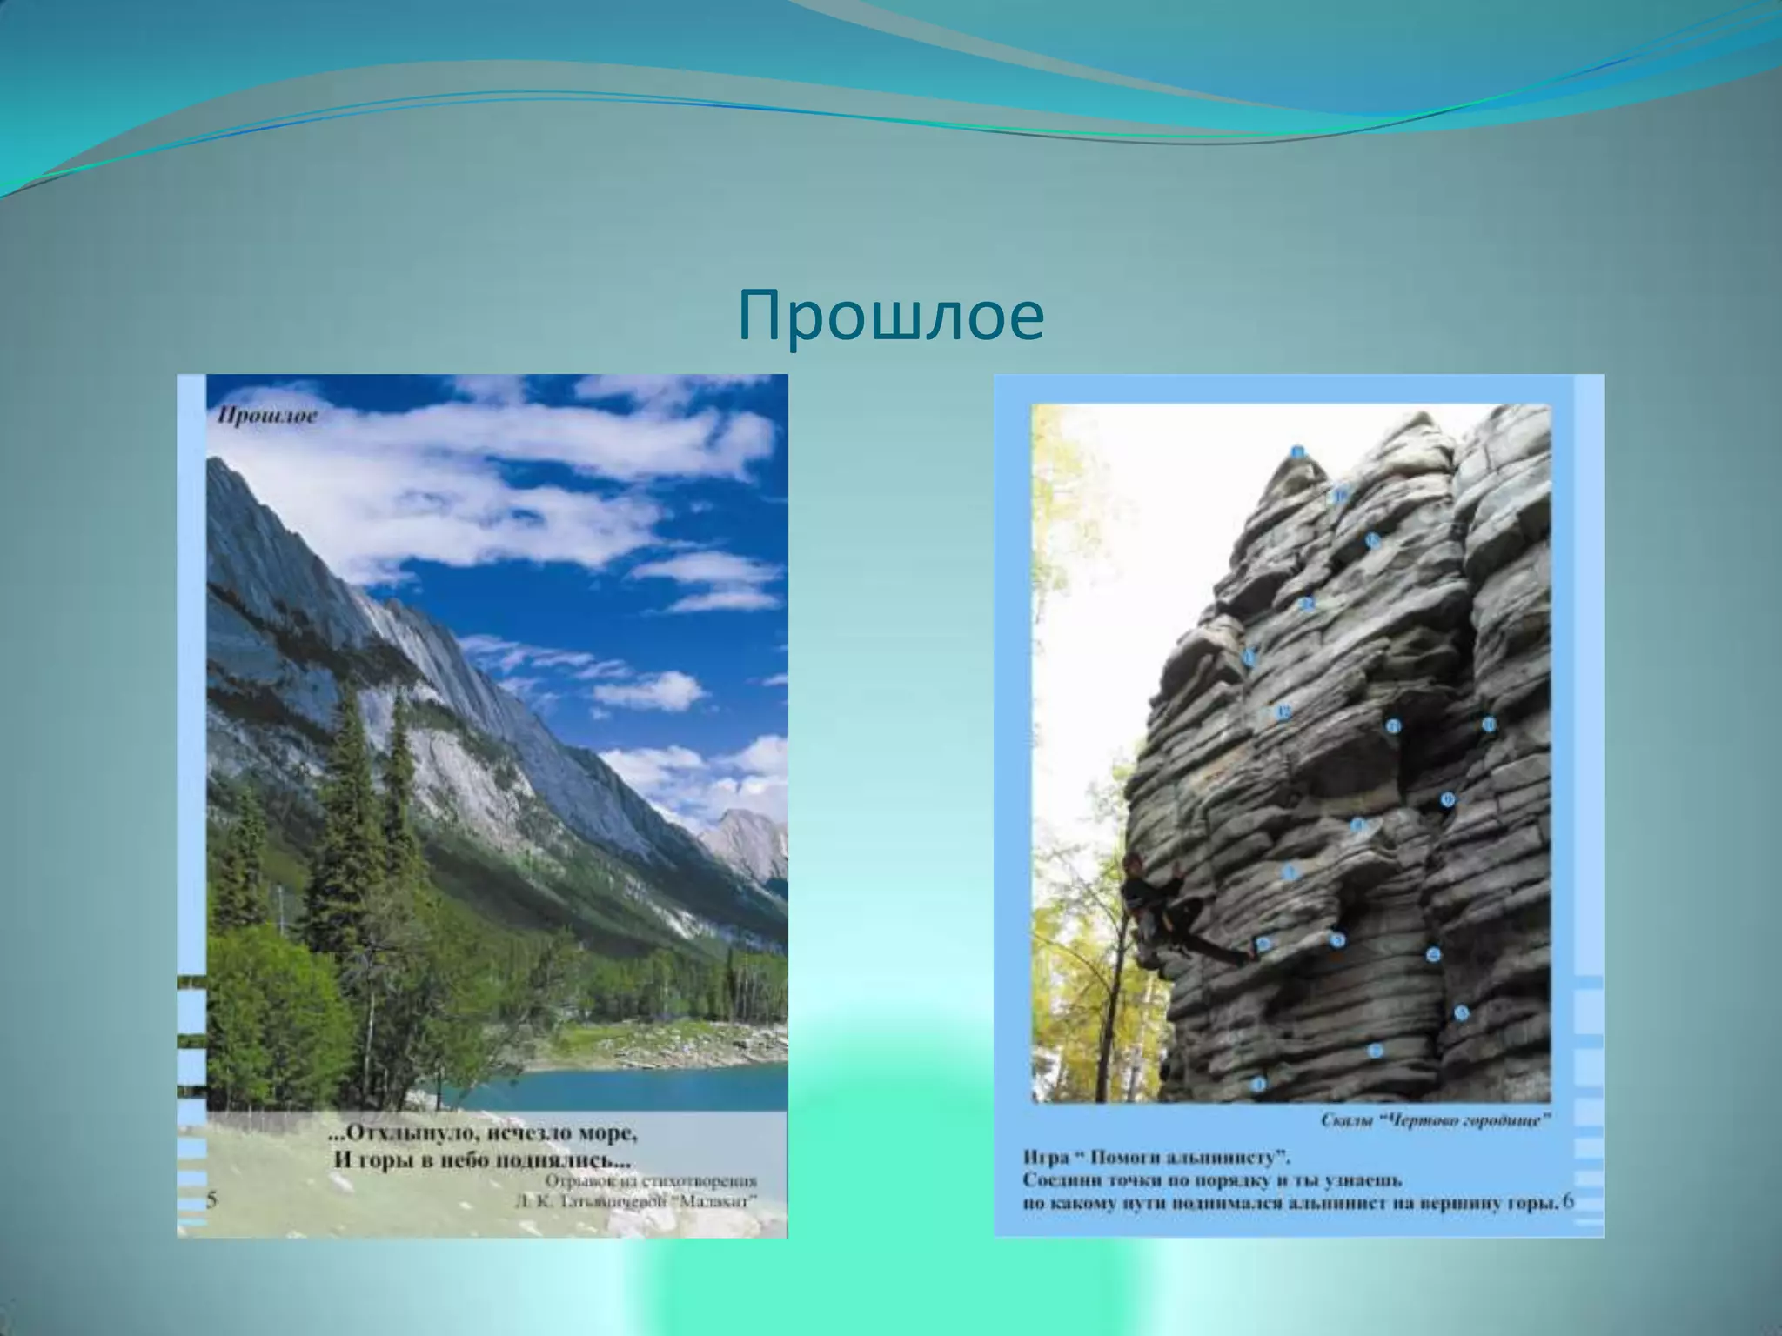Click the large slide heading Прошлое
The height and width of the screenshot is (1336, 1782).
coord(890,317)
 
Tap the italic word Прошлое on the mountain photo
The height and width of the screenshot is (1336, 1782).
coord(268,417)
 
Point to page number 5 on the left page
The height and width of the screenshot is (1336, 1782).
coord(212,1201)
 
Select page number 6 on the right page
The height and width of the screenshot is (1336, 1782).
coord(1568,1202)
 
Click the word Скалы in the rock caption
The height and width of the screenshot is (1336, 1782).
coord(1348,1121)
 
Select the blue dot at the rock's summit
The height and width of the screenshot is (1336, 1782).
coord(1297,451)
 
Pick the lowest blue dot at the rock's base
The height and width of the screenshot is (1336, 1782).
coord(1257,1084)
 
